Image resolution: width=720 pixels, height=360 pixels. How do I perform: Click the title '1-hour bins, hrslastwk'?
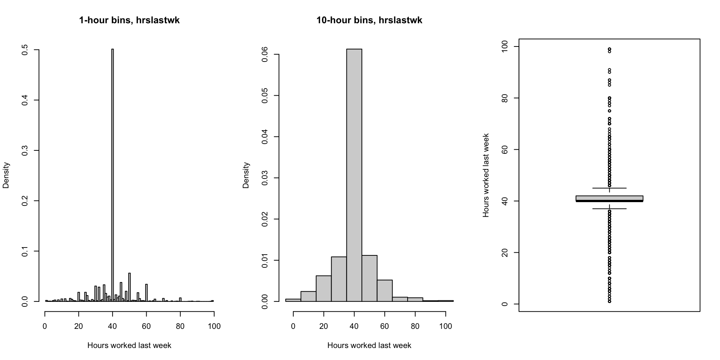(x=129, y=20)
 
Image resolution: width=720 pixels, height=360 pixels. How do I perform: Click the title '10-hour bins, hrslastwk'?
(x=369, y=20)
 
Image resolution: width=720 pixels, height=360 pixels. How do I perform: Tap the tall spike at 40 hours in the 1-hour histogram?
(x=112, y=169)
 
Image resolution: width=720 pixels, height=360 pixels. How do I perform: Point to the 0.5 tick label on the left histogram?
(x=25, y=50)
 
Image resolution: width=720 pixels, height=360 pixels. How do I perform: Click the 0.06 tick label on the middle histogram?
(x=265, y=55)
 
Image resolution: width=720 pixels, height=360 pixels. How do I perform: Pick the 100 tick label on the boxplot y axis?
(x=504, y=46)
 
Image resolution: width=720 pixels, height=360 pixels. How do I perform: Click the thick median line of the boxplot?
(x=609, y=201)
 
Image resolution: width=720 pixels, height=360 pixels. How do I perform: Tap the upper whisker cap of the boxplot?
(x=609, y=188)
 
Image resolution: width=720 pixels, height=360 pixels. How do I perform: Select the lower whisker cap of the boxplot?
(x=609, y=208)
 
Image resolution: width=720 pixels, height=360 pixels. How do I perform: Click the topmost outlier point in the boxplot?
(x=609, y=49)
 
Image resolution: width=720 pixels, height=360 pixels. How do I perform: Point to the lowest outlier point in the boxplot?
(x=609, y=301)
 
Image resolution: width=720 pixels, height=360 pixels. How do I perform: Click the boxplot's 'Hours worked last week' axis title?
(x=486, y=175)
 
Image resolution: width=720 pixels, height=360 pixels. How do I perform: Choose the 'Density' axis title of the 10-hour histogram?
(x=246, y=175)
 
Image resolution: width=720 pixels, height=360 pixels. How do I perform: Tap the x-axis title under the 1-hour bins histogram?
(x=129, y=345)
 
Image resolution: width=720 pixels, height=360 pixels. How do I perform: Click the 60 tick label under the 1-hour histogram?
(x=146, y=326)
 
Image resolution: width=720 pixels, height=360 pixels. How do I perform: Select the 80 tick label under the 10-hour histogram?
(x=415, y=326)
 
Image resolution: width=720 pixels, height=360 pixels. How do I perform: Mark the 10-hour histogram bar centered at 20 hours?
(x=323, y=288)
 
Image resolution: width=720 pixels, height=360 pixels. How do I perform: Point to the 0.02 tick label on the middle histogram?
(x=265, y=219)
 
